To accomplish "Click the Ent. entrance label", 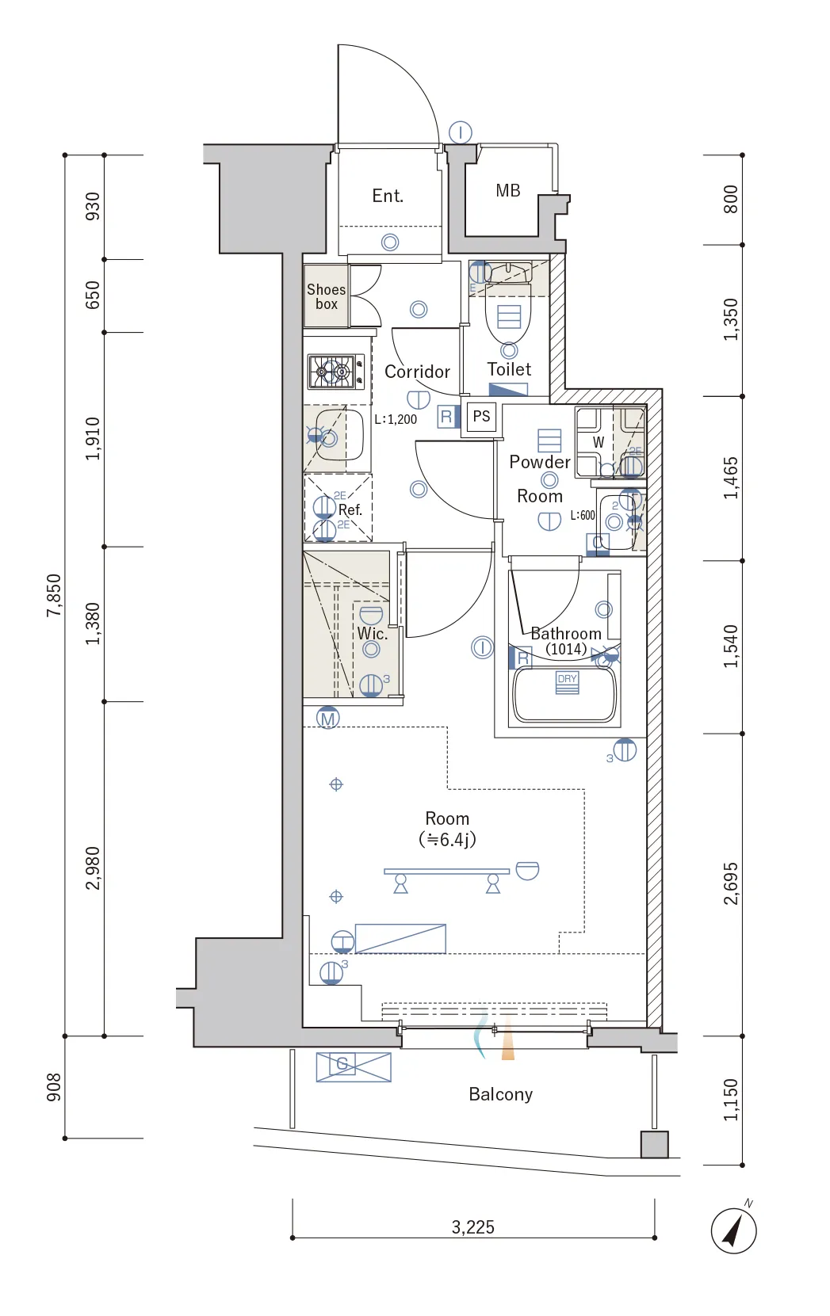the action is tap(388, 196).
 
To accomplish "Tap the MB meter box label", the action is tap(508, 190).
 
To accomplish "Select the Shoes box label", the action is tap(327, 296).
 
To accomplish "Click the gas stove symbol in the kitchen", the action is tap(335, 372).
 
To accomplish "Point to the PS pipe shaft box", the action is tap(481, 417).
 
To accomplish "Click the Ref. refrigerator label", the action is tap(350, 509).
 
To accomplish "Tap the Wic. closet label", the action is tap(372, 633).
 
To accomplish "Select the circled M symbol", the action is tap(327, 718).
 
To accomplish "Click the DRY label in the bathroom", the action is tap(568, 678).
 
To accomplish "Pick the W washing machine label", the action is tap(598, 442).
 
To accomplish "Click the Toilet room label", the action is tap(509, 369).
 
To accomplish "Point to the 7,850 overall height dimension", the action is tap(53, 595).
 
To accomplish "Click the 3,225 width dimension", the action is tap(472, 1227).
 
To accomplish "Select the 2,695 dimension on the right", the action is tap(731, 883).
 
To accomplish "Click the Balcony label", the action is tap(501, 1094).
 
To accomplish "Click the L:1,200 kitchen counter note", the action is tap(396, 419).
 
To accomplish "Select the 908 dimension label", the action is tap(53, 1088).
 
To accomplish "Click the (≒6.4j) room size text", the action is tap(447, 840).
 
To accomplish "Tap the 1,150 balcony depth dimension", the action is tap(731, 1100).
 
